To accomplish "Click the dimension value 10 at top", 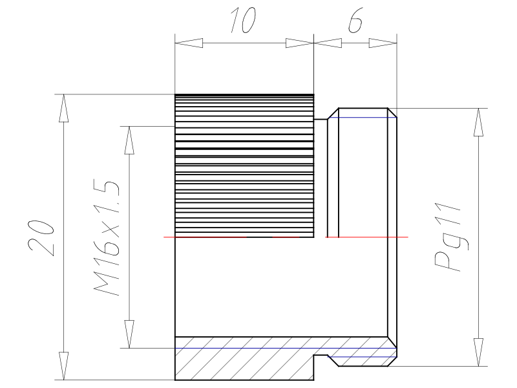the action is click(x=244, y=20).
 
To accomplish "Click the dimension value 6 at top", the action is click(x=355, y=20).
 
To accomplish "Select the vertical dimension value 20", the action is click(x=41, y=237).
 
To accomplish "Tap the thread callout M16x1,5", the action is click(x=106, y=237).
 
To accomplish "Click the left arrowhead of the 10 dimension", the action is click(x=189, y=43).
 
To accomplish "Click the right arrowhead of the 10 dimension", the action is click(x=300, y=43).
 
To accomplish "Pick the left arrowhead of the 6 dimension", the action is click(x=328, y=43).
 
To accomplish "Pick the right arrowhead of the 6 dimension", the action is click(x=383, y=43).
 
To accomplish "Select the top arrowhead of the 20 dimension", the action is click(x=63, y=108).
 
